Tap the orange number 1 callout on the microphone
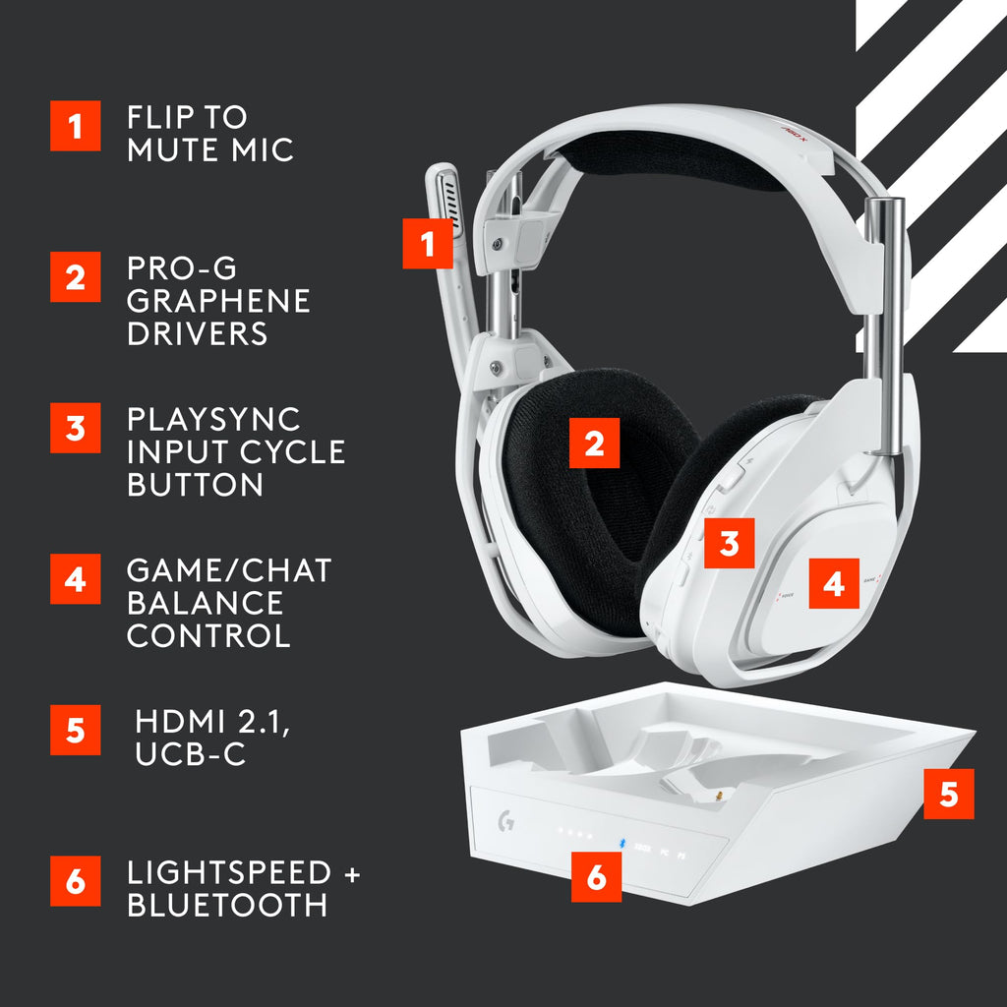click(428, 243)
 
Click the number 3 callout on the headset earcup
click(729, 543)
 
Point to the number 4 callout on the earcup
click(834, 583)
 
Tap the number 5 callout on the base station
click(948, 794)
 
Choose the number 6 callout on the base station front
click(597, 876)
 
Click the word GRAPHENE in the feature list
click(218, 300)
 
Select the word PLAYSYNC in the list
click(213, 419)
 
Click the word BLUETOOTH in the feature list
click(227, 905)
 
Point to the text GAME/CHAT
click(229, 570)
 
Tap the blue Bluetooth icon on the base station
click(622, 842)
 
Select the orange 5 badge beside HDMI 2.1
click(76, 730)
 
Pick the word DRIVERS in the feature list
click(197, 332)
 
